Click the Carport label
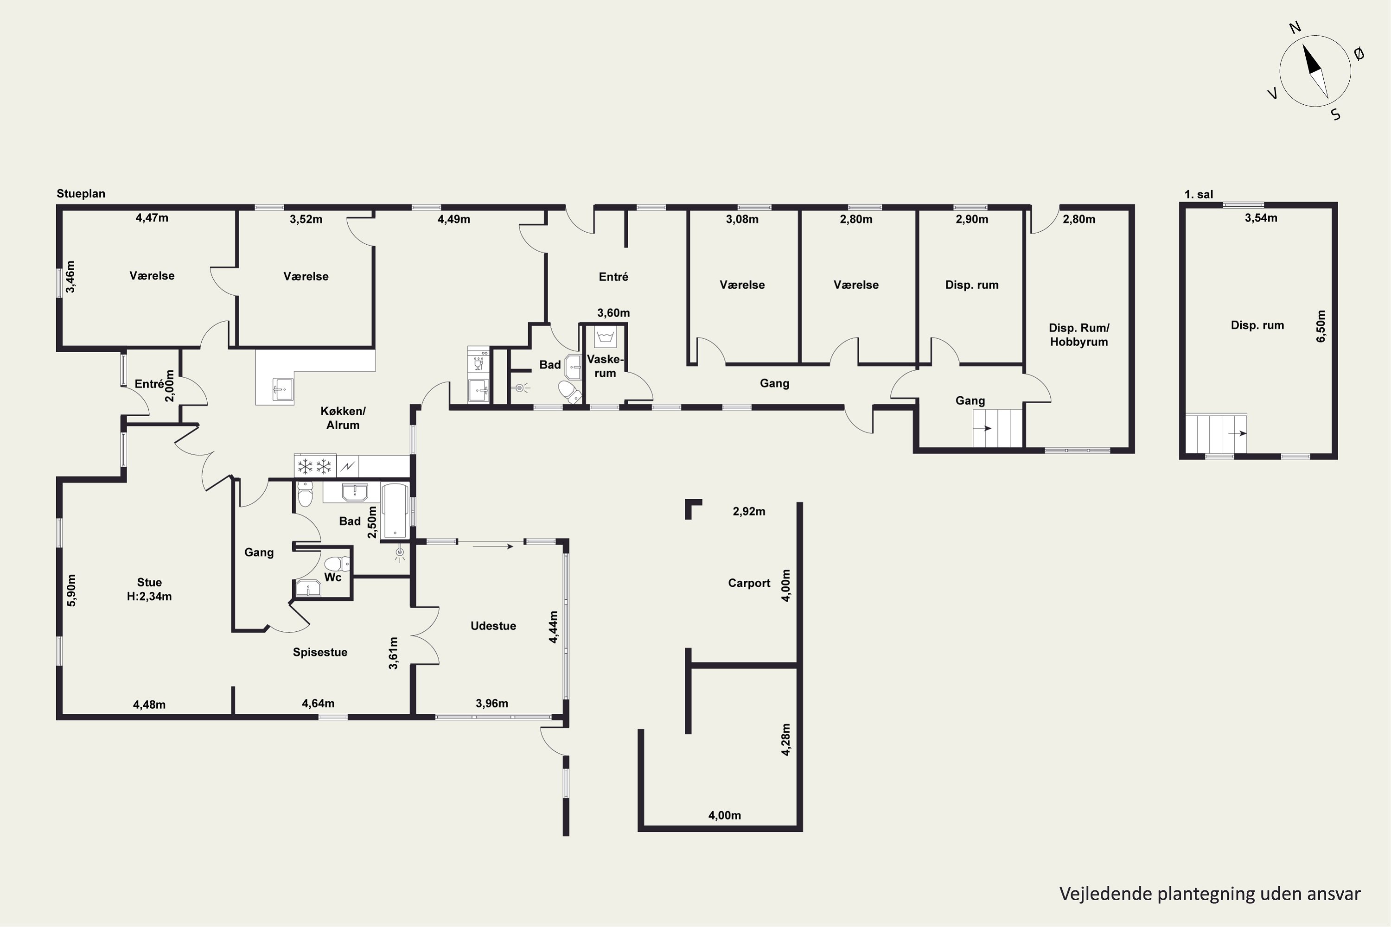point(749,583)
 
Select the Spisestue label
point(320,652)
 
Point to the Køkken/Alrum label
point(343,418)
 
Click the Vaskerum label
point(605,366)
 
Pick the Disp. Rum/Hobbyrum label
point(1079,335)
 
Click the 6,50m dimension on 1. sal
point(1321,326)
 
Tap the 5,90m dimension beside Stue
point(71,590)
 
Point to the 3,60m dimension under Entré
point(613,313)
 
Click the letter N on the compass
point(1295,44)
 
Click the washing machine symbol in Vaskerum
point(605,337)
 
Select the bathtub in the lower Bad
point(395,511)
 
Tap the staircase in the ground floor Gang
point(998,428)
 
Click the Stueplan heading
point(81,194)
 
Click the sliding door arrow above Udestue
point(493,546)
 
